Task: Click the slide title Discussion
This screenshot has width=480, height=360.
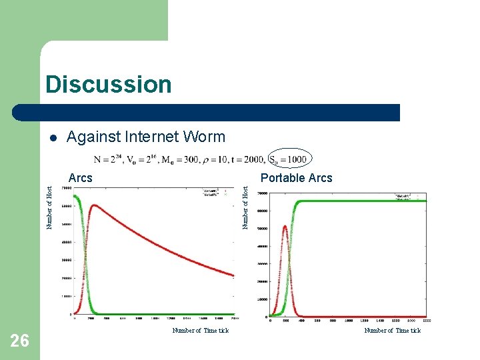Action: [109, 85]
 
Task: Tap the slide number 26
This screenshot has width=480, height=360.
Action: [20, 341]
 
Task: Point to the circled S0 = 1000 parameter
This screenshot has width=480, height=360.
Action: [288, 160]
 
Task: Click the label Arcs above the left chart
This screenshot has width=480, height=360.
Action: [81, 178]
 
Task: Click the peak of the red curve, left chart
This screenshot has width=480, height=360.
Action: [95, 205]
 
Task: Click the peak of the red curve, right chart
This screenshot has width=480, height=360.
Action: [285, 226]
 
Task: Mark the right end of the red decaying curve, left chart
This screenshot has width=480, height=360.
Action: [234, 275]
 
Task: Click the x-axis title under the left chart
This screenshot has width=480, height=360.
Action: [200, 331]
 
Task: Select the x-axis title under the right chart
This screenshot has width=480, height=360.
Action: [392, 331]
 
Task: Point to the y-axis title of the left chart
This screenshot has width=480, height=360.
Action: [49, 207]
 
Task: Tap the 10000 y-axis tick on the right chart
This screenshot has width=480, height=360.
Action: [262, 299]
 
